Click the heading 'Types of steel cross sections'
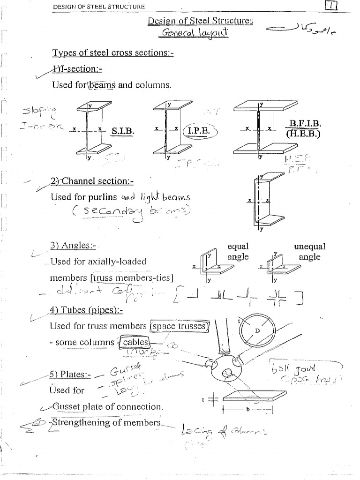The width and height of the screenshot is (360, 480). tap(112, 53)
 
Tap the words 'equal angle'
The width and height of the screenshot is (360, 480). tap(238, 252)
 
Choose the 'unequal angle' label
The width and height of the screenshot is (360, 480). tap(309, 252)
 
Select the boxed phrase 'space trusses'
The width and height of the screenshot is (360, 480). tap(179, 326)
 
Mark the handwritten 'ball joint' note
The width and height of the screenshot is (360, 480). tap(300, 367)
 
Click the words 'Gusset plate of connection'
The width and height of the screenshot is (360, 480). tap(110, 406)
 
